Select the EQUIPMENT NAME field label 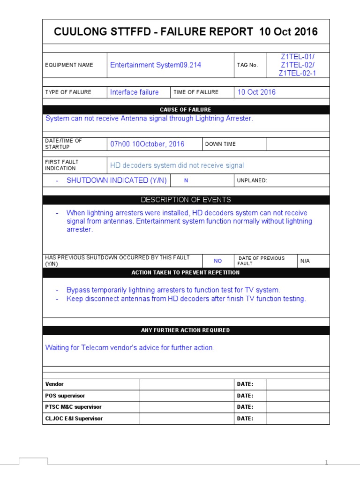pyautogui.click(x=69, y=65)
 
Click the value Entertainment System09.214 pyautogui.click(x=156, y=65)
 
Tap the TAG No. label pyautogui.click(x=247, y=65)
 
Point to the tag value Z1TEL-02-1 pyautogui.click(x=298, y=74)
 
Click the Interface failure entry pyautogui.click(x=134, y=92)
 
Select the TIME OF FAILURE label pyautogui.click(x=196, y=92)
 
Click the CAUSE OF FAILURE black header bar pyautogui.click(x=186, y=110)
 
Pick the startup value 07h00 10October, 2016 pyautogui.click(x=147, y=144)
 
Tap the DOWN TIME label pyautogui.click(x=220, y=144)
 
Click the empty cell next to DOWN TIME pyautogui.click(x=298, y=144)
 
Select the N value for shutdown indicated pyautogui.click(x=186, y=180)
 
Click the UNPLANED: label pyautogui.click(x=252, y=180)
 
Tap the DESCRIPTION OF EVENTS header pyautogui.click(x=186, y=200)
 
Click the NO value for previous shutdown pyautogui.click(x=218, y=261)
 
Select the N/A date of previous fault pyautogui.click(x=305, y=261)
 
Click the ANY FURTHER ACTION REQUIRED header pyautogui.click(x=186, y=330)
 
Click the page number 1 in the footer pyautogui.click(x=327, y=463)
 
